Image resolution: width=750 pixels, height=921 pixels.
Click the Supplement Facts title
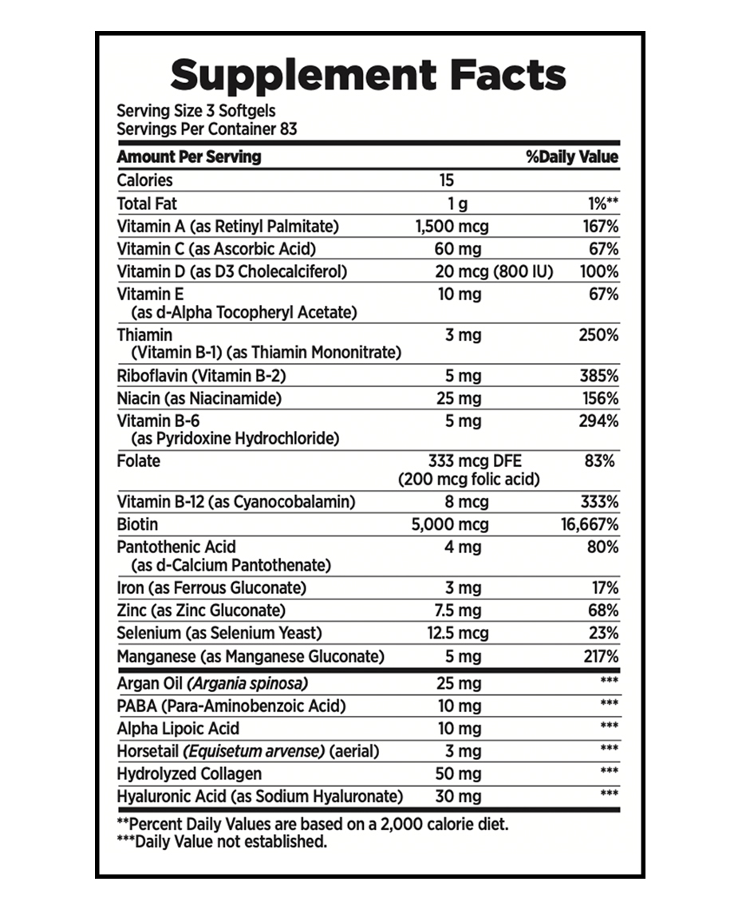click(369, 75)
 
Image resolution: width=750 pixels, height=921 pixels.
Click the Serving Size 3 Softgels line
click(196, 111)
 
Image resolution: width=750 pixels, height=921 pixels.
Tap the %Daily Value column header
click(572, 157)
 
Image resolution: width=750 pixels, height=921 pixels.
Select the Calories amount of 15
click(446, 180)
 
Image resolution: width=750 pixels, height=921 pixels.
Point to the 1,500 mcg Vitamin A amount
click(452, 227)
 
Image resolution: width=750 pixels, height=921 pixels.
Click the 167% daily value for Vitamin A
click(601, 227)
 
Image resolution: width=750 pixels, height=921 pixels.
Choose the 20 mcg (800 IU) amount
click(494, 271)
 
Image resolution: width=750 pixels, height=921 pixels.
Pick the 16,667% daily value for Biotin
click(589, 524)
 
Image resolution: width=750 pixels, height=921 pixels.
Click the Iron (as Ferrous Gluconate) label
click(211, 588)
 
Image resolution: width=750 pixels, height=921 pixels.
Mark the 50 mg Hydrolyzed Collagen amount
click(459, 773)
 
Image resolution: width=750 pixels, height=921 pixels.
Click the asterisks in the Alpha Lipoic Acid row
click(609, 726)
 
